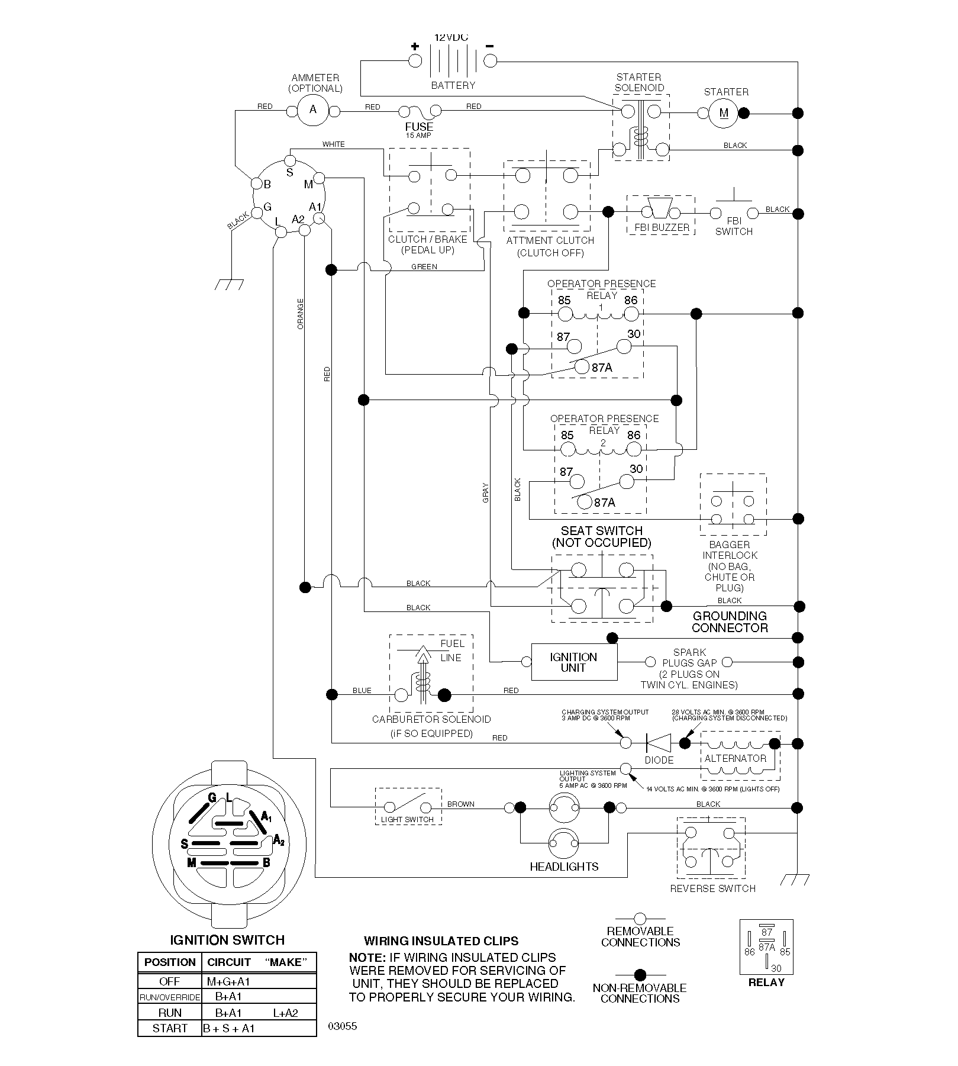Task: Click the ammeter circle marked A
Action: coord(313,110)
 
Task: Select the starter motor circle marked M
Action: coord(724,113)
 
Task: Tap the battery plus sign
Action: coord(415,46)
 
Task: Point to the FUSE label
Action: coord(419,127)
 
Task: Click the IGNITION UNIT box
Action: coord(574,662)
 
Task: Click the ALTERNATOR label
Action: coord(735,758)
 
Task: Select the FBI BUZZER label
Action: coord(662,227)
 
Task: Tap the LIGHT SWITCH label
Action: coord(407,820)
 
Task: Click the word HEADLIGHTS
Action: coord(564,867)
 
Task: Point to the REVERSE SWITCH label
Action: coord(712,888)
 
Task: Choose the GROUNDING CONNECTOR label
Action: coord(730,622)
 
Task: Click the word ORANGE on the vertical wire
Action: coord(301,314)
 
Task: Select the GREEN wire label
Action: coord(424,267)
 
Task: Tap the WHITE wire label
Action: coord(333,144)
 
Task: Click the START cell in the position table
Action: coord(170,1028)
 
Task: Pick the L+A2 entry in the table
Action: coord(286,1013)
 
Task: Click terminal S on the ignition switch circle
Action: coord(290,160)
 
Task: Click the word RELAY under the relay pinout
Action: coord(766,982)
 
